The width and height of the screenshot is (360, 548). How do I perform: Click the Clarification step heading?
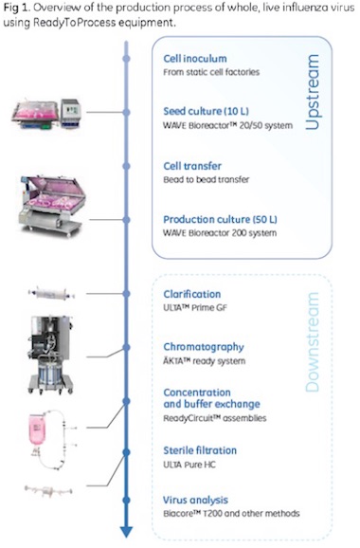(192, 294)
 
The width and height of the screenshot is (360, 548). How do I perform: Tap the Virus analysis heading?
(197, 499)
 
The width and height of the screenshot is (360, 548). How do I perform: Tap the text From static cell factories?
(212, 70)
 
